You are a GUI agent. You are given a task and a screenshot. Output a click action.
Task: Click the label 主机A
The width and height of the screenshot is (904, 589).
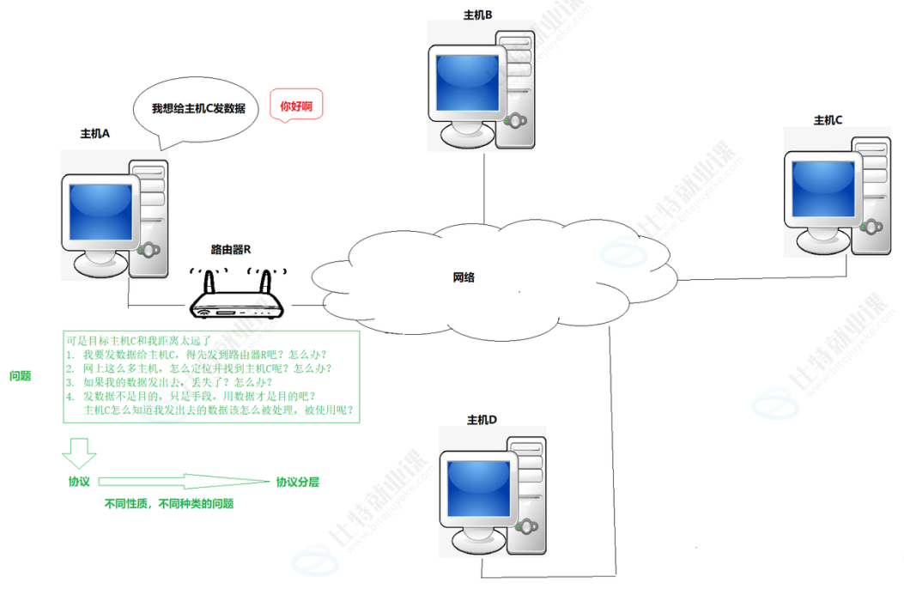click(x=95, y=134)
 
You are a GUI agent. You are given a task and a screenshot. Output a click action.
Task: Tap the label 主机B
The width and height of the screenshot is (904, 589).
click(x=477, y=15)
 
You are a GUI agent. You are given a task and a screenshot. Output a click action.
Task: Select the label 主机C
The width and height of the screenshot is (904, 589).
click(x=828, y=120)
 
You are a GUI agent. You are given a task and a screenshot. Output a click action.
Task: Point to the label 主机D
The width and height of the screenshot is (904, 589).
click(x=482, y=420)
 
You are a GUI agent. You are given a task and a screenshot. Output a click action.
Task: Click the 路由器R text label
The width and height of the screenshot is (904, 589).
click(x=230, y=250)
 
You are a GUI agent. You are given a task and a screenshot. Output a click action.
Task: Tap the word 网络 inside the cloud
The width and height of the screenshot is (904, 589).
click(x=464, y=277)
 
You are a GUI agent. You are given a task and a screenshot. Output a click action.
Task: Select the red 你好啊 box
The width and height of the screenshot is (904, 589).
click(x=296, y=106)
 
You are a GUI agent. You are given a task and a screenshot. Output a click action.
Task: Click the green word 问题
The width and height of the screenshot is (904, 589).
click(x=21, y=375)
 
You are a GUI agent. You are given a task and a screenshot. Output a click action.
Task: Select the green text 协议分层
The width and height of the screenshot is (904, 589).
click(x=297, y=483)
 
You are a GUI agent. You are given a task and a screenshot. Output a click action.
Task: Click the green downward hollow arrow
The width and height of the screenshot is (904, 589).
click(x=79, y=451)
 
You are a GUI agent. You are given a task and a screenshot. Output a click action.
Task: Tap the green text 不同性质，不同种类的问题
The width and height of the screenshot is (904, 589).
click(x=169, y=504)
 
